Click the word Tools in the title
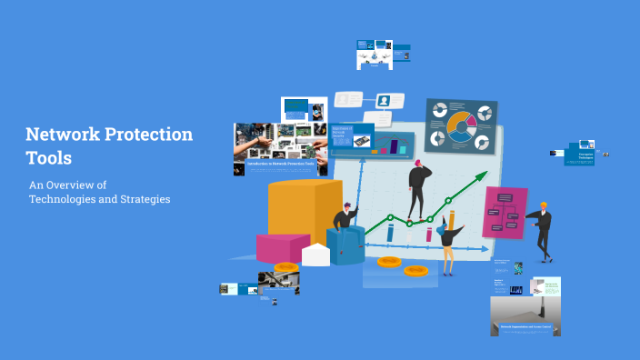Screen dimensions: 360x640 49,158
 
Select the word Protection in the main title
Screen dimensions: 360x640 148,135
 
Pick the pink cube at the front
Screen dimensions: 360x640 282,247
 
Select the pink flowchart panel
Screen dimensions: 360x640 505,212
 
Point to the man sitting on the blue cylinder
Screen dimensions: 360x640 344,224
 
